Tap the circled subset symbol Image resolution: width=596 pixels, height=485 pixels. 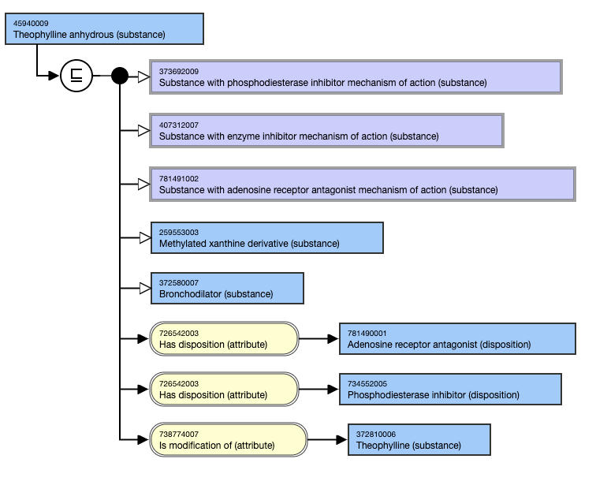click(76, 76)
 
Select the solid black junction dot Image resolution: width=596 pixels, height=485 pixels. click(120, 76)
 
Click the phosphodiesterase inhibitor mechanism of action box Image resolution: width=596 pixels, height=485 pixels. click(356, 76)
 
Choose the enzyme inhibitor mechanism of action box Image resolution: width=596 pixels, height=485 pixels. click(326, 130)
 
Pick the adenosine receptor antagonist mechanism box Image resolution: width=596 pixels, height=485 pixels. click(362, 184)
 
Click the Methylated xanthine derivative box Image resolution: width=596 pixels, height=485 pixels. click(266, 238)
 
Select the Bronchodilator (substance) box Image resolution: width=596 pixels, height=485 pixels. click(226, 289)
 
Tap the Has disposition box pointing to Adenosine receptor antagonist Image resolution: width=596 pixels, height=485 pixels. click(224, 339)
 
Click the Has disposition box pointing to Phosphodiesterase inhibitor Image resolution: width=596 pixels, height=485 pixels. click(224, 389)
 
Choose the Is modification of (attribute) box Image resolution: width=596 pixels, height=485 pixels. click(228, 439)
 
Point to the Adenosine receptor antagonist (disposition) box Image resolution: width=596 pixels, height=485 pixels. click(456, 339)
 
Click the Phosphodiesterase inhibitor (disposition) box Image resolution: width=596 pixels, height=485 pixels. click(450, 389)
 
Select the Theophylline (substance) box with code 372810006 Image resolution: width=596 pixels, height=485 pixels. click(419, 439)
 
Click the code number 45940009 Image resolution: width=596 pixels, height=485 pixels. click(31, 23)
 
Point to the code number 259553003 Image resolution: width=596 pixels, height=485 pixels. click(179, 232)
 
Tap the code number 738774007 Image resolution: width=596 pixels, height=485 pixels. click(179, 434)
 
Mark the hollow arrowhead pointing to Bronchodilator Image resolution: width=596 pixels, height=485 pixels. click(143, 289)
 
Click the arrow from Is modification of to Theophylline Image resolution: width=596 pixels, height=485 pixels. click(327, 439)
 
